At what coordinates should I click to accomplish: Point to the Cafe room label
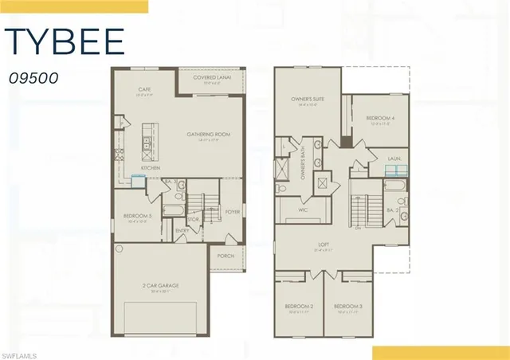pyautogui.click(x=144, y=89)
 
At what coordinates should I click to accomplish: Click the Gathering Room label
pyautogui.click(x=208, y=135)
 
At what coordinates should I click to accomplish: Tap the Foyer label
pyautogui.click(x=232, y=212)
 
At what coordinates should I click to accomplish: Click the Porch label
pyautogui.click(x=226, y=256)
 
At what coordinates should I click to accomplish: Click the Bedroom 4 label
pyautogui.click(x=379, y=118)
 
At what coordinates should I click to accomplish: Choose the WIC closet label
pyautogui.click(x=303, y=209)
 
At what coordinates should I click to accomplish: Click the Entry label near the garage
pyautogui.click(x=182, y=232)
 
